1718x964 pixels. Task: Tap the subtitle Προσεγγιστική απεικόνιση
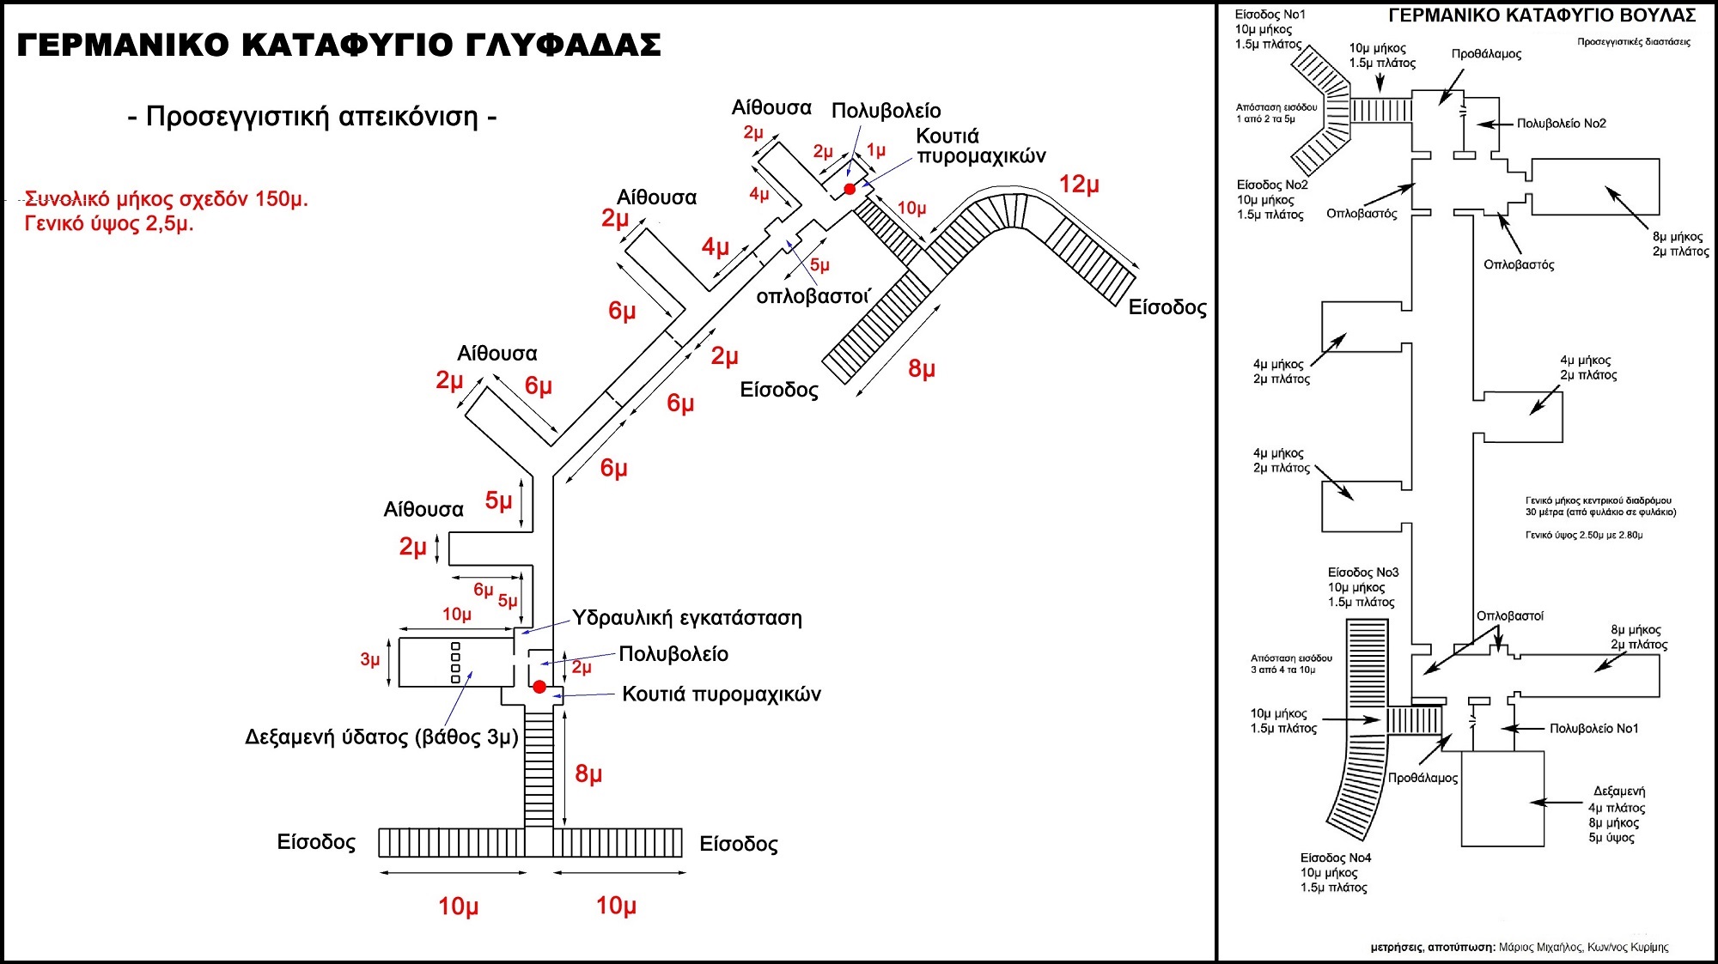[x=312, y=116]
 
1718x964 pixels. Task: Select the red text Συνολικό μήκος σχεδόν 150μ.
[x=167, y=200]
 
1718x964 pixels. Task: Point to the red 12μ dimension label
[x=1079, y=185]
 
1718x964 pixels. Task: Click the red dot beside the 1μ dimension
[x=850, y=189]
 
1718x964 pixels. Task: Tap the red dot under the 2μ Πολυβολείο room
[x=539, y=687]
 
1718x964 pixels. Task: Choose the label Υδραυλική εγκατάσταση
[x=687, y=618]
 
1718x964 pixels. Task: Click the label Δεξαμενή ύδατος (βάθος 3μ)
[x=381, y=737]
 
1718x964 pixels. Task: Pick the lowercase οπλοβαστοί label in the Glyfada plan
[x=813, y=297]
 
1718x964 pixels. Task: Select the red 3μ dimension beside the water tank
[x=370, y=659]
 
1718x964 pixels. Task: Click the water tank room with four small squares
[x=455, y=662]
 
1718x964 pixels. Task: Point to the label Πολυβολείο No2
[x=1561, y=124]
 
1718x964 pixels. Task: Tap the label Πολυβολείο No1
[x=1593, y=729]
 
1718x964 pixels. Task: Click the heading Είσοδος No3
[x=1363, y=573]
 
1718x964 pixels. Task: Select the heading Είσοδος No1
[x=1270, y=15]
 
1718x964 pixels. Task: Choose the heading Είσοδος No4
[x=1336, y=858]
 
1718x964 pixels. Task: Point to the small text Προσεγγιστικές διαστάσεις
[x=1633, y=42]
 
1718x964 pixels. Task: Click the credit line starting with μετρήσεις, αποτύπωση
[x=1519, y=948]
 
